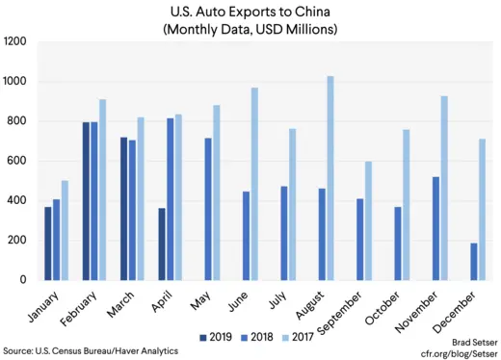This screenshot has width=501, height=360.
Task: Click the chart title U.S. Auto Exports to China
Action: pyautogui.click(x=252, y=12)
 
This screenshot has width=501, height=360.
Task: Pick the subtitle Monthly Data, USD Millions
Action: pyautogui.click(x=252, y=29)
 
